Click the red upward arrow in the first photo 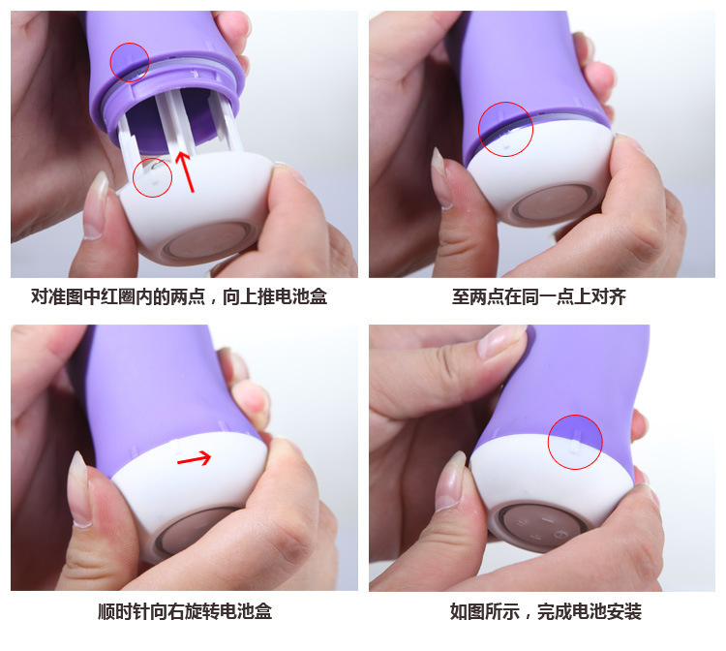pos(185,171)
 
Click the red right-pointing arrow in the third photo pos(195,459)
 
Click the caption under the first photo pos(179,297)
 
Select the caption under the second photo pos(539,297)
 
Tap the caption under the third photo pos(185,611)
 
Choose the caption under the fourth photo pos(546,611)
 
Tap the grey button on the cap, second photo pos(552,202)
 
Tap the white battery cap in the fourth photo pos(551,491)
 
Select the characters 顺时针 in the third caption pos(124,611)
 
